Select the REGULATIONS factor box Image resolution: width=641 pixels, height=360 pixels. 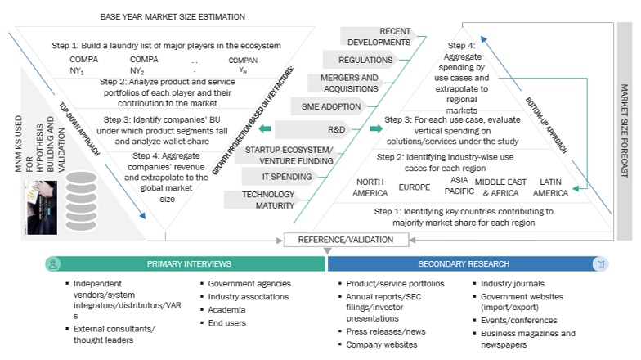coord(365,60)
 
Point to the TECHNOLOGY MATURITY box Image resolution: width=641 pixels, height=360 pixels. coord(269,200)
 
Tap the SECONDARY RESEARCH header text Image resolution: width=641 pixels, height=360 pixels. coord(460,264)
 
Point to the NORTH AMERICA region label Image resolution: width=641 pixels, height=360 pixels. coord(370,187)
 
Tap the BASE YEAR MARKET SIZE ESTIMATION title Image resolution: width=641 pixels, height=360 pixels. coord(173,17)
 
